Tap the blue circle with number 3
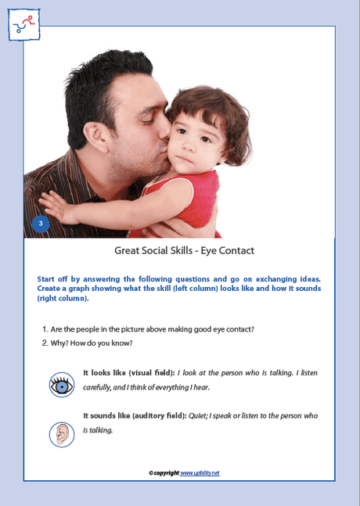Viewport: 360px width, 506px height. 41,224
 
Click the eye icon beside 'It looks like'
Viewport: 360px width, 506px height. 62,385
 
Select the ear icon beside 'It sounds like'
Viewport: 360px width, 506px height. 62,434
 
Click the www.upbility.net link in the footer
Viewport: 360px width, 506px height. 200,473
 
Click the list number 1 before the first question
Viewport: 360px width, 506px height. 44,329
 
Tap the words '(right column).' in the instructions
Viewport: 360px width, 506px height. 63,299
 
